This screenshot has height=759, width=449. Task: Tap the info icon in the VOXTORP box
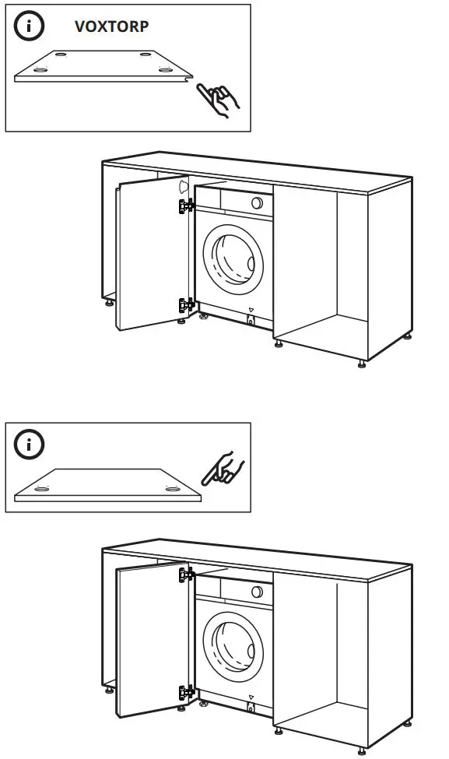coord(30,26)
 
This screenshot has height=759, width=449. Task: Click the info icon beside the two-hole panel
coord(30,445)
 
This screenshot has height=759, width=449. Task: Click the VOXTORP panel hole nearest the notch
coord(164,69)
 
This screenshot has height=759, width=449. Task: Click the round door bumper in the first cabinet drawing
coord(183,187)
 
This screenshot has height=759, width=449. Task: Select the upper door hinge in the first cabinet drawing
coord(186,206)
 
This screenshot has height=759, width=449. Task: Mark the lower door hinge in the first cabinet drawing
coord(186,305)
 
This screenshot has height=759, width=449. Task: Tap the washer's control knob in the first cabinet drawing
coord(257,202)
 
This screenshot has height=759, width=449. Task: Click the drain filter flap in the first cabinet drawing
coord(251,320)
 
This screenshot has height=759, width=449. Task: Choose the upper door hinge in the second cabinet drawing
coord(186,575)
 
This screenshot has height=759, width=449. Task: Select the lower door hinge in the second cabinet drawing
coord(186,692)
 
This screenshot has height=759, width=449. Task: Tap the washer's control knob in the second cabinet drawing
coord(257,591)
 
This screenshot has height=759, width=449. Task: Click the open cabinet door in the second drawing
coord(152,638)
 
